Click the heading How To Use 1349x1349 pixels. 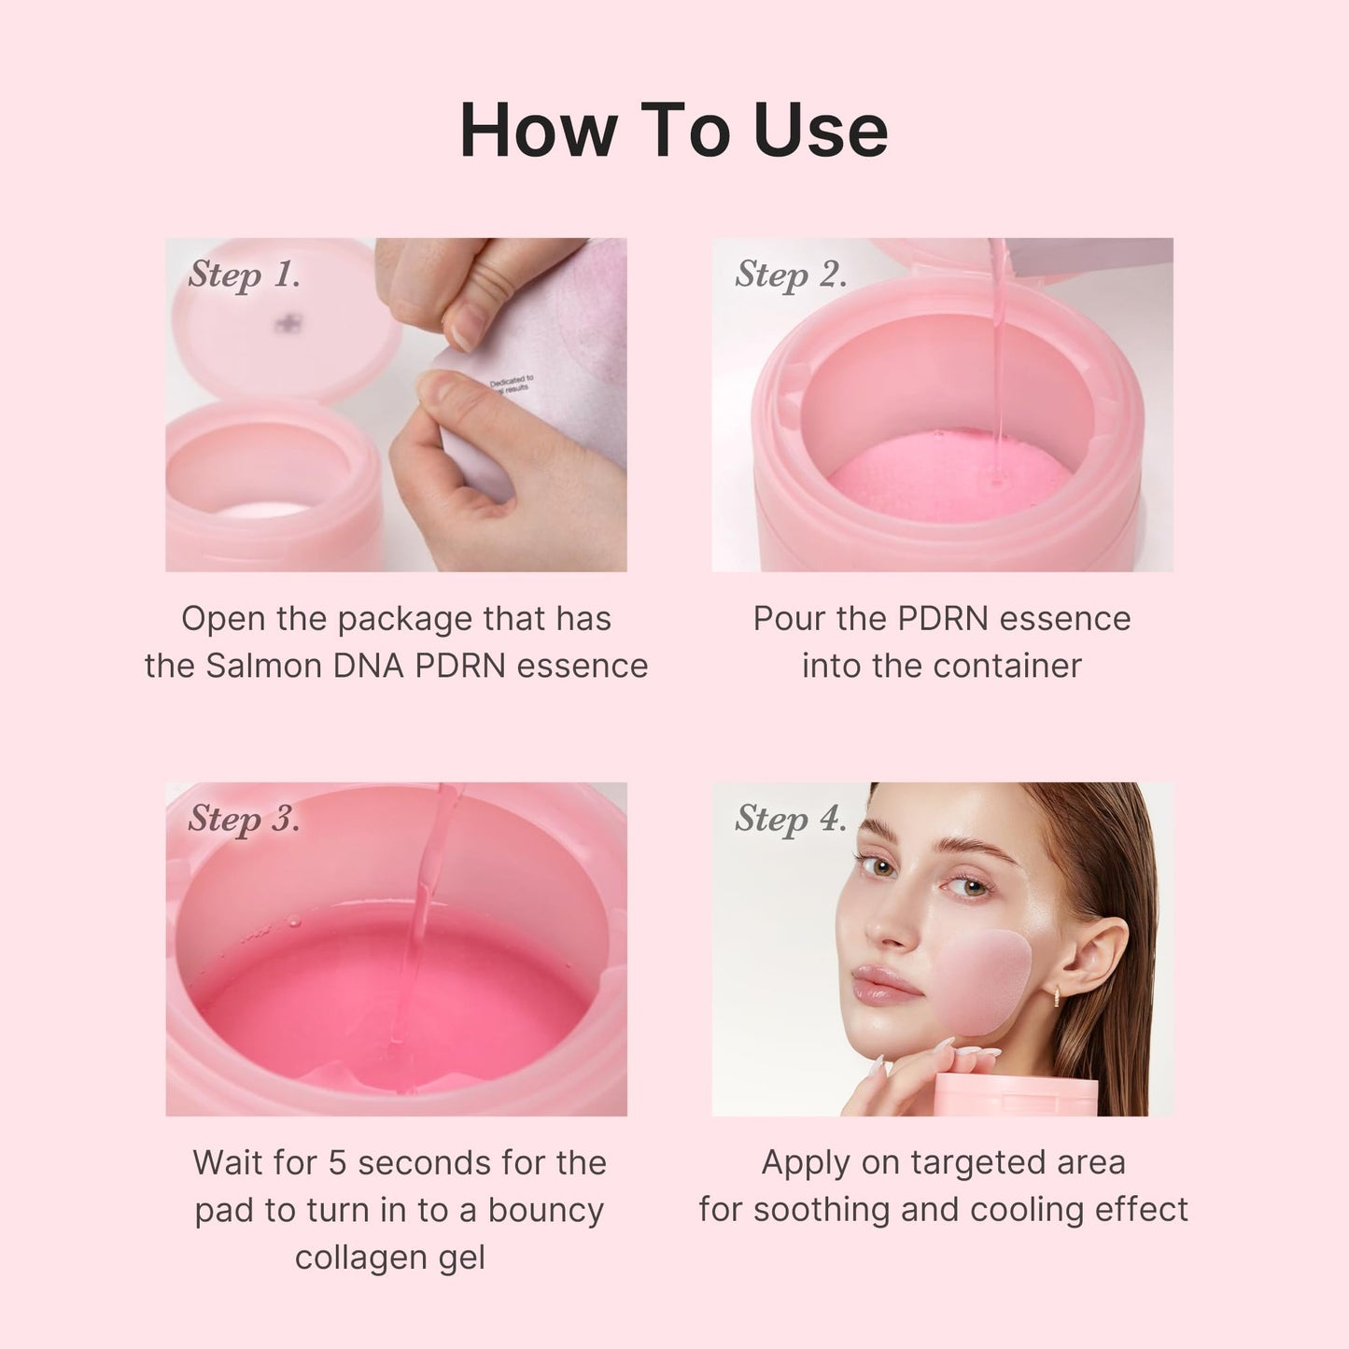tap(673, 130)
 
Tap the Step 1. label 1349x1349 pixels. tap(244, 274)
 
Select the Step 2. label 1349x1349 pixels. tap(790, 274)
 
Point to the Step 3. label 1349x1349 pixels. tap(244, 819)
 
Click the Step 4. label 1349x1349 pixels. tap(790, 819)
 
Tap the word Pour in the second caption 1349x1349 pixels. tap(787, 619)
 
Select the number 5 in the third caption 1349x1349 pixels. tap(338, 1163)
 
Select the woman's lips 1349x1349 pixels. tap(884, 984)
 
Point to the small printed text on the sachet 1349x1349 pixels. tap(511, 384)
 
